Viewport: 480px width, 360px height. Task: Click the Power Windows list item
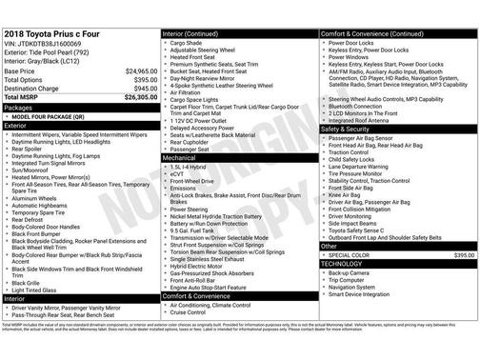[357, 56]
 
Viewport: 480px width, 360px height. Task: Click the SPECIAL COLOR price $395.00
[464, 255]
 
